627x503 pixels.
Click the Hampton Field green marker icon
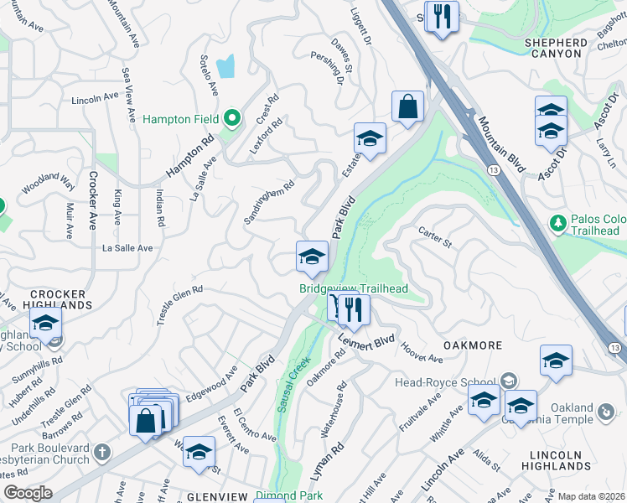coord(235,118)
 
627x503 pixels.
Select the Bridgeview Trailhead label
coord(354,289)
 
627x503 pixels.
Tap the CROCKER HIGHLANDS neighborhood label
coord(58,299)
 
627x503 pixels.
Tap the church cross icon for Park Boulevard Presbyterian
coord(102,454)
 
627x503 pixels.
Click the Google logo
coord(28,493)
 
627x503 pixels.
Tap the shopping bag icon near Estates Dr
coord(407,106)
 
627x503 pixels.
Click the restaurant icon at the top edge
coord(443,16)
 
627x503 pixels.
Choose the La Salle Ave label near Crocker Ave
coord(127,248)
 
